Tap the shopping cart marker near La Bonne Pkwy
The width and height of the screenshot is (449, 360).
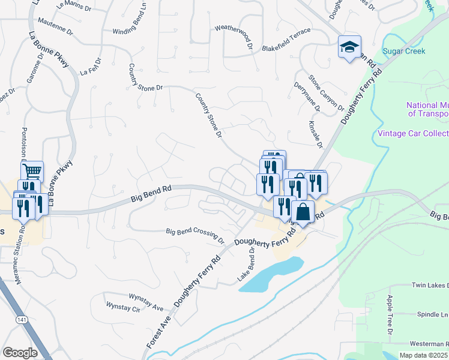tap(32, 172)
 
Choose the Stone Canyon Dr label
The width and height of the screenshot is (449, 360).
tap(326, 93)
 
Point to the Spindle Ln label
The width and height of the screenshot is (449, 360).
tap(432, 314)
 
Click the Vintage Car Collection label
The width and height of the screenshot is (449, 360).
tap(412, 133)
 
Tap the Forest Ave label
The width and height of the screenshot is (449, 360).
tap(155, 332)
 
